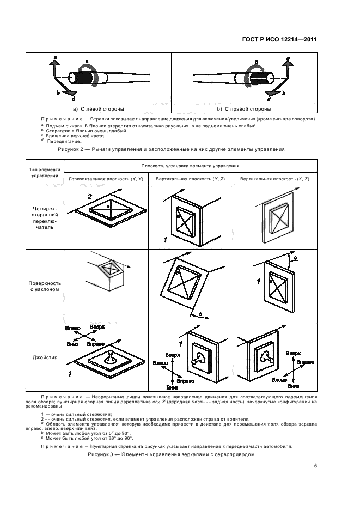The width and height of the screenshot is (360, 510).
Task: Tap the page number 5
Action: click(316, 466)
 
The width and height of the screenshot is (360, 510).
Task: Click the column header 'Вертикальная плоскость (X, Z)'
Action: click(276, 179)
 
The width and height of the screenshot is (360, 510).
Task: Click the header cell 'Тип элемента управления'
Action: click(41, 173)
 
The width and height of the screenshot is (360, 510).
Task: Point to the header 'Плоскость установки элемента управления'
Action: click(190, 167)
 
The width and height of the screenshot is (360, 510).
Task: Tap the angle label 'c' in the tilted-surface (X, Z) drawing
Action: click(295, 257)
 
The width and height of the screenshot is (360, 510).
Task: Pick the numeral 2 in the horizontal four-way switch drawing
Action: click(90, 196)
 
